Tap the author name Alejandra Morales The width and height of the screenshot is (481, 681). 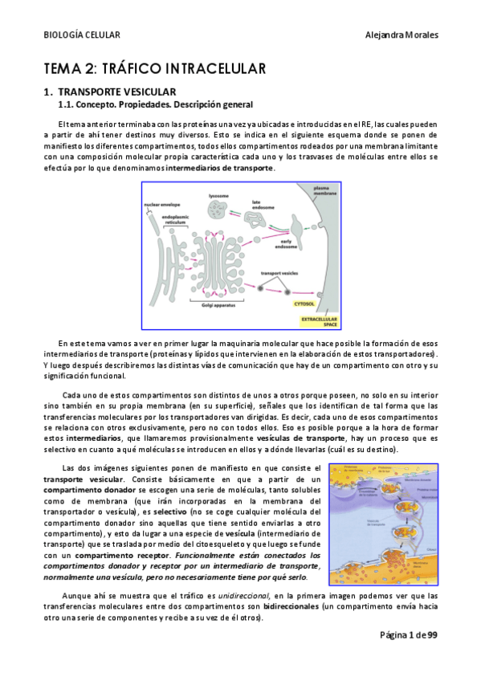401,35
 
